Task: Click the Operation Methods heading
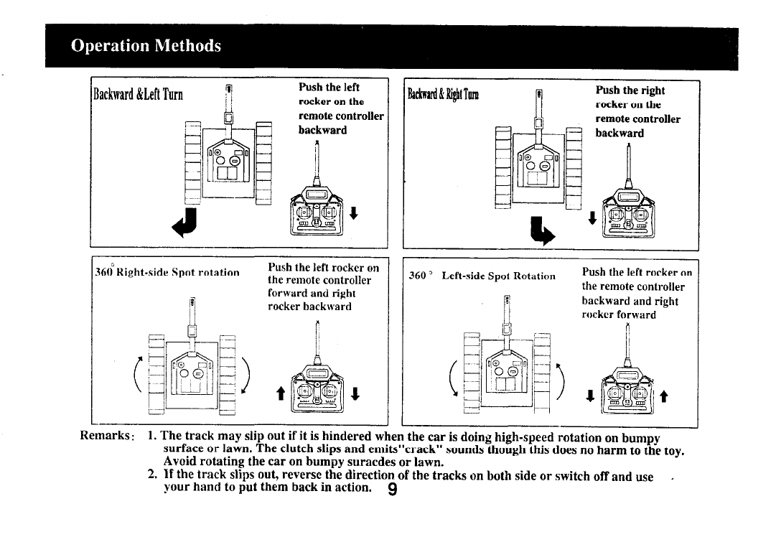click(146, 46)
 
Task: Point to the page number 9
click(392, 489)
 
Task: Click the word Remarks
click(107, 436)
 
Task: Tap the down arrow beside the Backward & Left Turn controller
click(353, 214)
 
